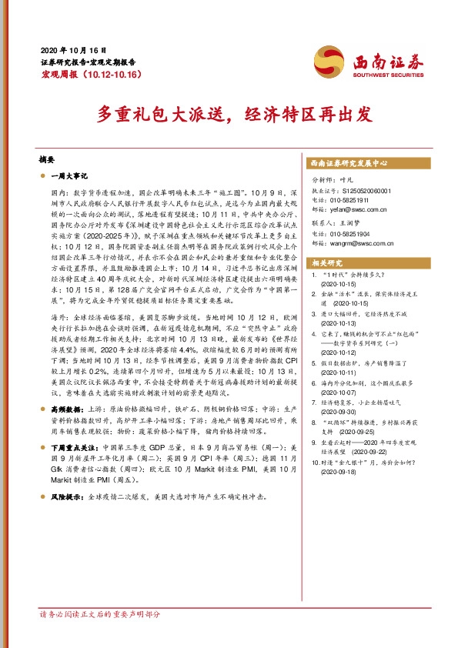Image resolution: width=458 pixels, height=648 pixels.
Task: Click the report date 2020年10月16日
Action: coord(73,48)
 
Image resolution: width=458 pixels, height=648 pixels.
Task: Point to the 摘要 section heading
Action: coord(48,160)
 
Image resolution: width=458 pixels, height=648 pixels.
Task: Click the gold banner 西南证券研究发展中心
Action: coord(349,163)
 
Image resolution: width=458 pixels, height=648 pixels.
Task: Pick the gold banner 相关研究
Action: coord(324,263)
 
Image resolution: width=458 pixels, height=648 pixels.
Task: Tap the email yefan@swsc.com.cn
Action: coord(353,209)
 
